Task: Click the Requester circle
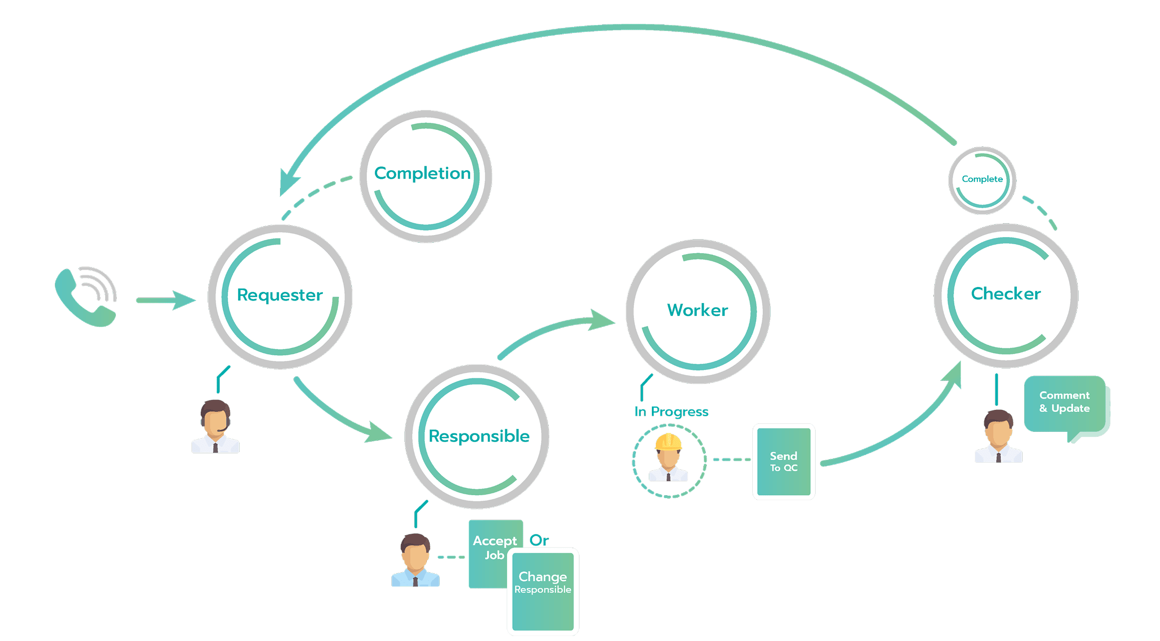(x=280, y=297)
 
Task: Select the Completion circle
(x=425, y=176)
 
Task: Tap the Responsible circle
(x=477, y=436)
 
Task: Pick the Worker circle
(x=698, y=311)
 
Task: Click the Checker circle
(x=1006, y=295)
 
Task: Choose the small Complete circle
(x=982, y=180)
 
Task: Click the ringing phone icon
(x=86, y=297)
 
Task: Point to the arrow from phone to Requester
(x=165, y=300)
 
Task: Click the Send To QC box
(x=784, y=462)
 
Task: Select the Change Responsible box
(x=543, y=592)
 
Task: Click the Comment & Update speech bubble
(x=1065, y=404)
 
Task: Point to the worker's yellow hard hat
(x=668, y=442)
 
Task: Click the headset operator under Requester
(x=215, y=427)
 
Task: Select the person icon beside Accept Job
(x=415, y=560)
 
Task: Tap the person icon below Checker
(x=998, y=436)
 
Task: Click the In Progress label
(x=671, y=412)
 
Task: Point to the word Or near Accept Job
(x=539, y=540)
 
